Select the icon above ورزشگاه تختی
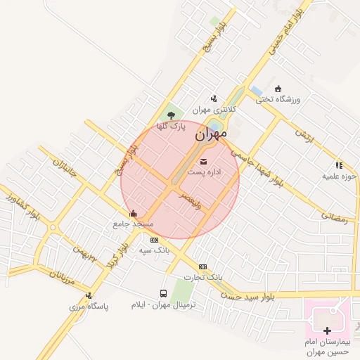[x=278, y=89]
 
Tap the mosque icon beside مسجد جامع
[x=133, y=214]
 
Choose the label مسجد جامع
[x=133, y=224]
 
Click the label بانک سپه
[x=153, y=250]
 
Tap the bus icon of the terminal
[x=163, y=294]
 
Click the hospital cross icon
[x=327, y=330]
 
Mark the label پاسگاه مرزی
[x=86, y=307]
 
